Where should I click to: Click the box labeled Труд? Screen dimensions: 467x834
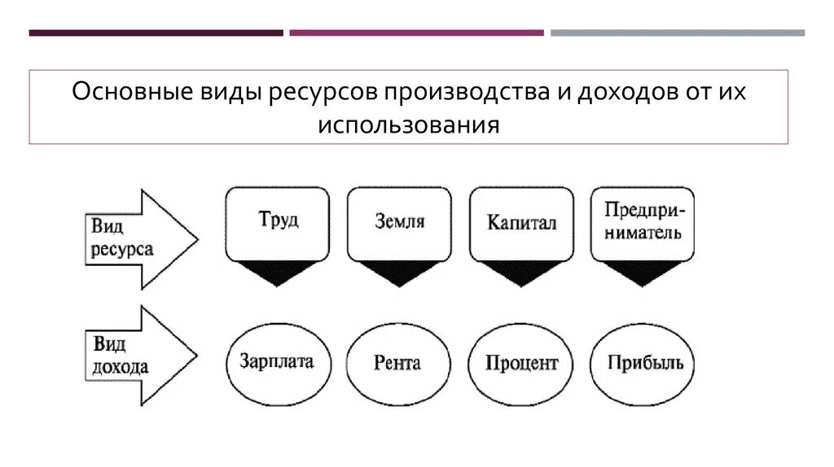coord(278,223)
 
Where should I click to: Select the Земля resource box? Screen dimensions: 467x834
coord(399,223)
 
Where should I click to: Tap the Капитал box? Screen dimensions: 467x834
coord(521,223)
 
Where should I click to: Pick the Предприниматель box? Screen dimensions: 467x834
coord(643,223)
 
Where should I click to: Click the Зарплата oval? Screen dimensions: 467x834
coord(277,363)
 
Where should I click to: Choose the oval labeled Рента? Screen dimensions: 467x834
coord(398,363)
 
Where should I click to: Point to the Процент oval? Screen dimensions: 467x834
coord(521,363)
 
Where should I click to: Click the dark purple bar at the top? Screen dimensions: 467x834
coord(156,33)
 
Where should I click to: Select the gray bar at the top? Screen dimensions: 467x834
coord(677,33)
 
